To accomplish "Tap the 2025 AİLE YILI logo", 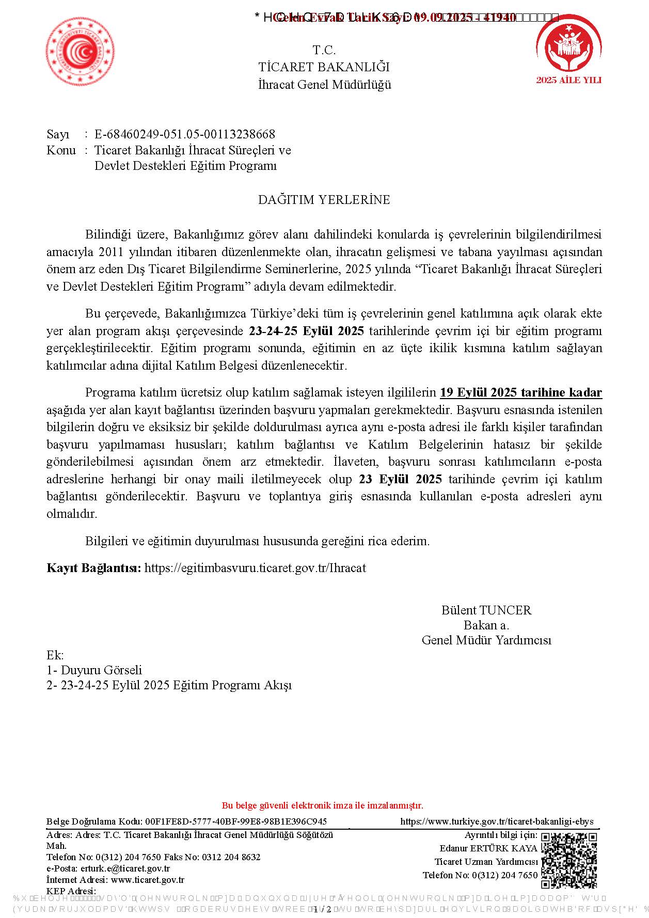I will (x=568, y=52).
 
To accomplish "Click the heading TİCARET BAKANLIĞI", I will (x=324, y=67).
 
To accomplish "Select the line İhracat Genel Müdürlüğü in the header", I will (x=324, y=85).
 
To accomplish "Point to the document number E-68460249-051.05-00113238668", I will (x=185, y=134).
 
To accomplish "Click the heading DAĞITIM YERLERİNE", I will (x=324, y=200).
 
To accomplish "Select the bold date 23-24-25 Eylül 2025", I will (x=306, y=331).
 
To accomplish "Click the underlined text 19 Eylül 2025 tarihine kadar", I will (x=520, y=393).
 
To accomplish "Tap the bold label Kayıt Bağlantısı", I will (x=93, y=568).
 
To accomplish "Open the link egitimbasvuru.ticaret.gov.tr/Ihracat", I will (x=255, y=568).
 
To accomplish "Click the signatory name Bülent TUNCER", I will (x=486, y=610).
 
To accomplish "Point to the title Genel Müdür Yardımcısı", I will (x=486, y=640).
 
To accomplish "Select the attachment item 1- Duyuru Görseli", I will (x=94, y=670).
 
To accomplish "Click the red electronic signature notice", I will (x=322, y=805).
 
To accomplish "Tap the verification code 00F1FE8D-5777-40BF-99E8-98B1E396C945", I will (x=236, y=821).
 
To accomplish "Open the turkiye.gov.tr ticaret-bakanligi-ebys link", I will (x=497, y=821).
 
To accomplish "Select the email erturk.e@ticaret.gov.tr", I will (x=125, y=868).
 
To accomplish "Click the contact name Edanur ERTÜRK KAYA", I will (x=488, y=848).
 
